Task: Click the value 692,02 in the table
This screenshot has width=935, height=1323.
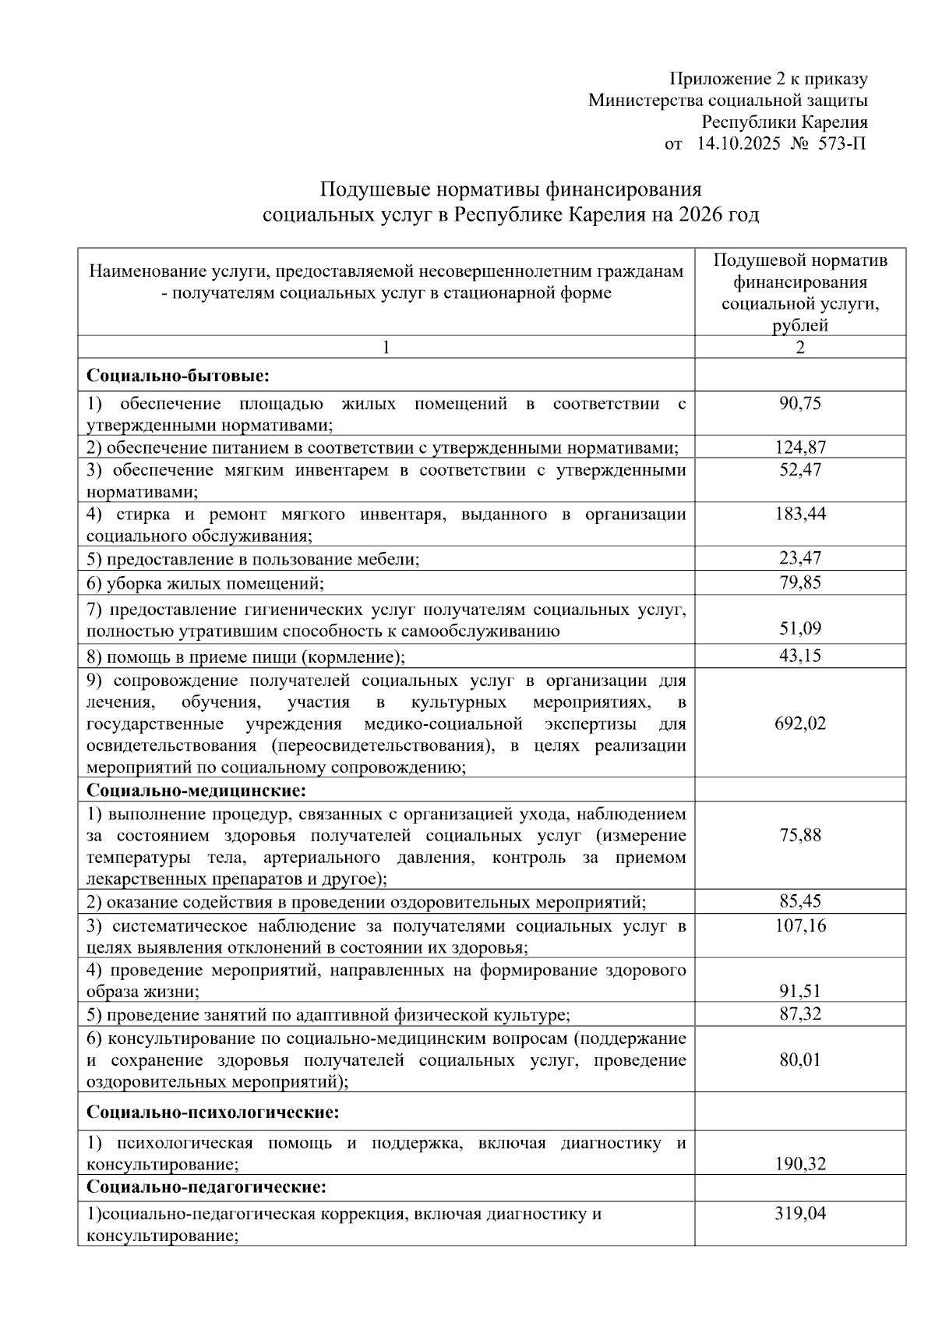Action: pyautogui.click(x=800, y=723)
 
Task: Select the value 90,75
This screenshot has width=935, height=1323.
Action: pyautogui.click(x=800, y=403)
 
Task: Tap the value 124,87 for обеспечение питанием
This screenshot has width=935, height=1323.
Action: pyautogui.click(x=800, y=447)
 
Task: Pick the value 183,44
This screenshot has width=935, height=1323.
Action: pyautogui.click(x=800, y=514)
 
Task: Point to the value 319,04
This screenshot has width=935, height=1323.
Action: pyautogui.click(x=800, y=1214)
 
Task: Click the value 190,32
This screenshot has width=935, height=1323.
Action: pyautogui.click(x=800, y=1164)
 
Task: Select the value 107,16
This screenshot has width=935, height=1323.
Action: pyautogui.click(x=800, y=925)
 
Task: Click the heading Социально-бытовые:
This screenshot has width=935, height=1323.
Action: pyautogui.click(x=178, y=376)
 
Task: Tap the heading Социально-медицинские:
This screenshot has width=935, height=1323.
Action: pyautogui.click(x=196, y=791)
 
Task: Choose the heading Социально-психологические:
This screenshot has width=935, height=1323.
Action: pyautogui.click(x=213, y=1112)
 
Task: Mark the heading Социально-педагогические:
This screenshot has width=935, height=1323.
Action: pyautogui.click(x=206, y=1187)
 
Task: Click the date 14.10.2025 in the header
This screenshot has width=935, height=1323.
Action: pyautogui.click(x=738, y=143)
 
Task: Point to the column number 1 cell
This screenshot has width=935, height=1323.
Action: pyautogui.click(x=386, y=348)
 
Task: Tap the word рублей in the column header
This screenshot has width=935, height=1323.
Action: pyautogui.click(x=800, y=326)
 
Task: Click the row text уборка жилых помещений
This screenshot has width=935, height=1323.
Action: pyautogui.click(x=214, y=583)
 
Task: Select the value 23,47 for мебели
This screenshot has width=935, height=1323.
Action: pyautogui.click(x=800, y=558)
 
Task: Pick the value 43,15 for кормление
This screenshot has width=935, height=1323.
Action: pyautogui.click(x=800, y=656)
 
